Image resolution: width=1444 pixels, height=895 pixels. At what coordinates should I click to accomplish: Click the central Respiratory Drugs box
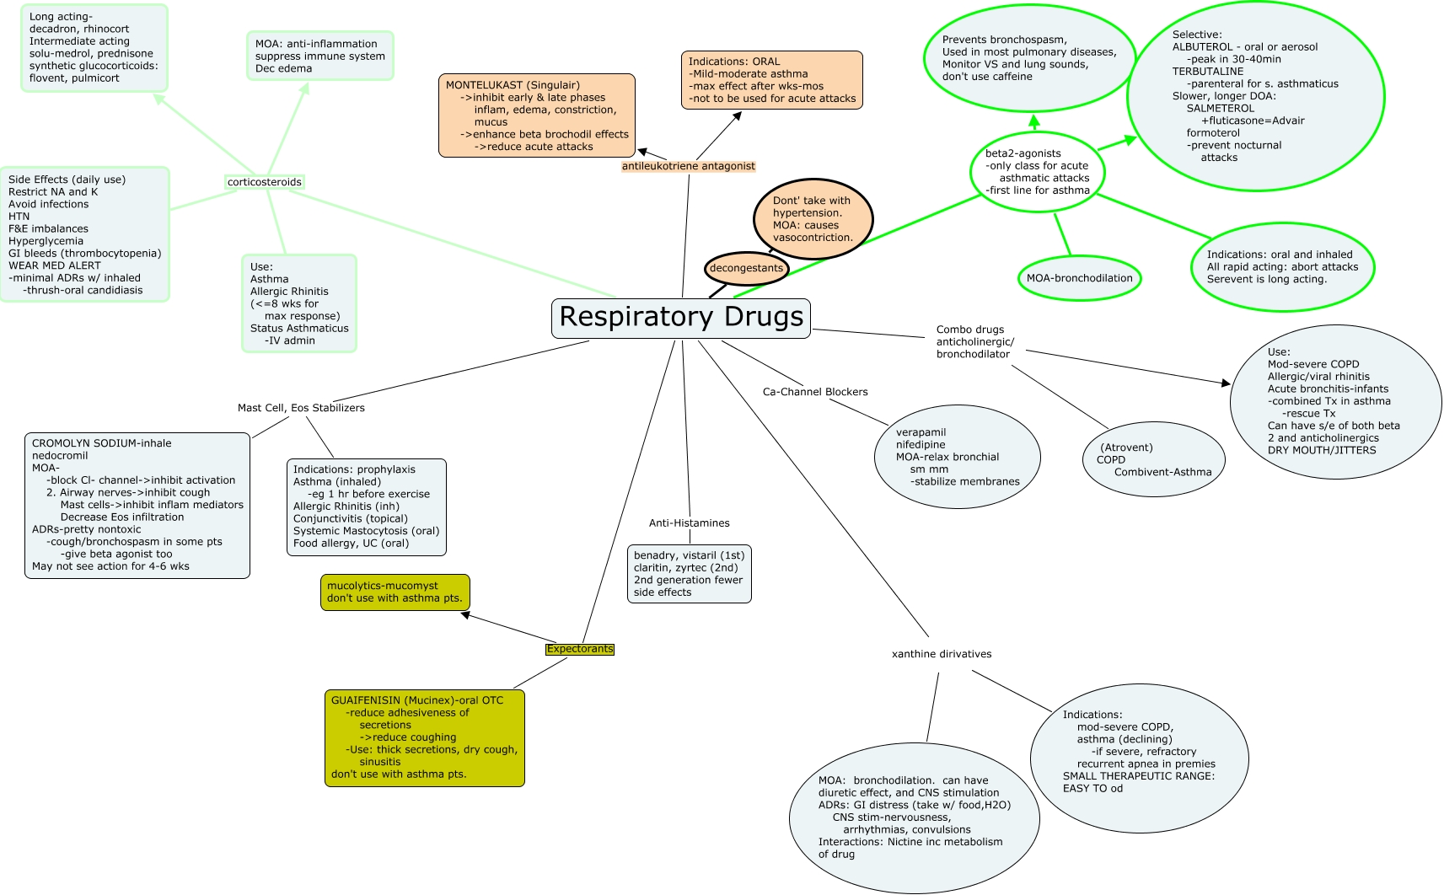pos(681,318)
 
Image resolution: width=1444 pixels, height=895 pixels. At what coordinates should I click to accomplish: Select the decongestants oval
pos(746,269)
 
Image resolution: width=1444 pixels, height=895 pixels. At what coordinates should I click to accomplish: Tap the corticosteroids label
pos(264,182)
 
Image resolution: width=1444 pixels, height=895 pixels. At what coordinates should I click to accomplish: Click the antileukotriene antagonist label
pos(688,166)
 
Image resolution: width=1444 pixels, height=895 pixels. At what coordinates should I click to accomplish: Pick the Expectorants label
pos(579,649)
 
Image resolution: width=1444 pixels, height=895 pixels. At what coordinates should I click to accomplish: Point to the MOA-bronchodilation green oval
pos(1079,278)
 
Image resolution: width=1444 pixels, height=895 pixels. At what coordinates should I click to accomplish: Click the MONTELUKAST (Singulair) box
pos(536,115)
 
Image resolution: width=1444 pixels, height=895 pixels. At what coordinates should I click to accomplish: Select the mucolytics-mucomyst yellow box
pos(395,592)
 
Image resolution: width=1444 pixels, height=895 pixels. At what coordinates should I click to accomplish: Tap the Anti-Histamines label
pos(689,523)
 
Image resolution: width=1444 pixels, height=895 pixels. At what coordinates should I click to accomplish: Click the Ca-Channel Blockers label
pos(814,392)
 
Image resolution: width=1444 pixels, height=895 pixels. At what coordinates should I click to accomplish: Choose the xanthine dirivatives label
pos(941,654)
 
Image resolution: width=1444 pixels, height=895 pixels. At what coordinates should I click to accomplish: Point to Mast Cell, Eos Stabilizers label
pos(301,408)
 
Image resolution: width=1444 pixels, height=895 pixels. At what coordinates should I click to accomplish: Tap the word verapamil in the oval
pos(921,432)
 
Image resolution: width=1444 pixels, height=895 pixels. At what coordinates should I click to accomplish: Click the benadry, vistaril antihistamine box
pos(689,574)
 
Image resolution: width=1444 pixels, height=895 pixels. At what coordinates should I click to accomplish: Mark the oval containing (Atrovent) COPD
pos(1153,459)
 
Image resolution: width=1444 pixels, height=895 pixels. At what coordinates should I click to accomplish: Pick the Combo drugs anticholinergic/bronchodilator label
pos(974,342)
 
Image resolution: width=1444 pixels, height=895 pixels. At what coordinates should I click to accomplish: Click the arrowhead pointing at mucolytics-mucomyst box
pos(465,615)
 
